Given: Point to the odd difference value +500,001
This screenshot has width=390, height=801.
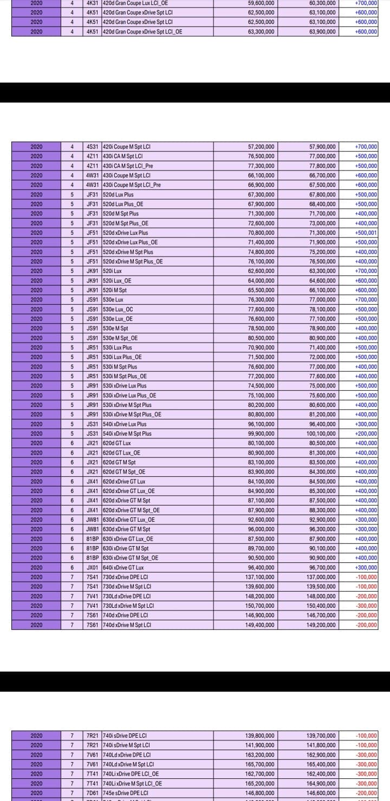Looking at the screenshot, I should click(x=366, y=233).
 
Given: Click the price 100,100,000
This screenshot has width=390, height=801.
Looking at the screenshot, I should click(x=322, y=434).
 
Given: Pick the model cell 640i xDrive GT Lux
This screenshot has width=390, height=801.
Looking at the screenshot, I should click(x=123, y=567).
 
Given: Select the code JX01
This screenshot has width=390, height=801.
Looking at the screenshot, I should click(x=93, y=567).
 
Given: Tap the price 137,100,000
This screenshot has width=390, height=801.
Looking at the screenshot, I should click(x=261, y=577).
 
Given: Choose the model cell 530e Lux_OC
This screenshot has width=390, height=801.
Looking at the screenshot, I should click(x=118, y=310).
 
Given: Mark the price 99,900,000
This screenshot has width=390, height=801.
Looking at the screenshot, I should click(x=261, y=434).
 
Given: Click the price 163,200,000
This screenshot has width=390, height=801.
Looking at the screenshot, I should click(x=261, y=754).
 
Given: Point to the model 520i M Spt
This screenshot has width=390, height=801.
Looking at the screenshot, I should click(x=115, y=290).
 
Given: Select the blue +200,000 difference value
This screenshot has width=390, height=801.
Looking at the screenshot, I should click(x=366, y=434).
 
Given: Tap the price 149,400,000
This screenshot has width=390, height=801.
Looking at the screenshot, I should click(x=261, y=625).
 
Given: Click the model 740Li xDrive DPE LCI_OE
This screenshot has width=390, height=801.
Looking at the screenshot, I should click(x=131, y=774).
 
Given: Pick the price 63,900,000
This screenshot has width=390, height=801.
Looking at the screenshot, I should click(x=322, y=32).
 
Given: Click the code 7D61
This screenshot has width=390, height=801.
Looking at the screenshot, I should click(x=93, y=793).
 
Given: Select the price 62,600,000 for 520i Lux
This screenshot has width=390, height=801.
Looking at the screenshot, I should click(x=261, y=271).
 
